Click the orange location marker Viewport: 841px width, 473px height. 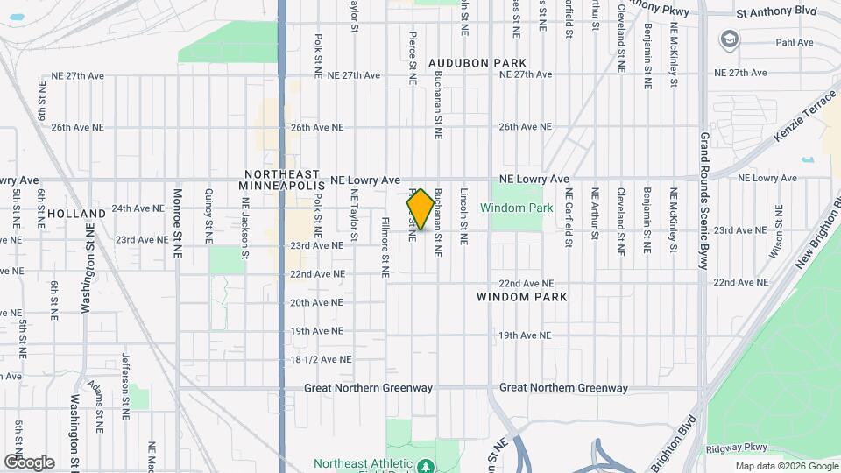tap(420, 209)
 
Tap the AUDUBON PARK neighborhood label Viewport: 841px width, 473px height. tap(477, 63)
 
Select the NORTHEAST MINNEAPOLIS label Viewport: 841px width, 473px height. tap(283, 180)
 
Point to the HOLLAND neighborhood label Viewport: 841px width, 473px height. tap(76, 213)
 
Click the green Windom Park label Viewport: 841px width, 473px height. tap(517, 208)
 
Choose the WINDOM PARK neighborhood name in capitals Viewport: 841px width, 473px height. tap(522, 297)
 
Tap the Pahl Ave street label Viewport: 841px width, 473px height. tap(795, 42)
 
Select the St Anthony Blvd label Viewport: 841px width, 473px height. tap(776, 13)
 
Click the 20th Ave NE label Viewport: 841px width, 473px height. tap(321, 302)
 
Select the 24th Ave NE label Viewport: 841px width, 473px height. tap(138, 208)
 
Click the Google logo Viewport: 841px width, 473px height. tap(29, 462)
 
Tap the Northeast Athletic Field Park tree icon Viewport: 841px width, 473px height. tap(425, 465)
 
